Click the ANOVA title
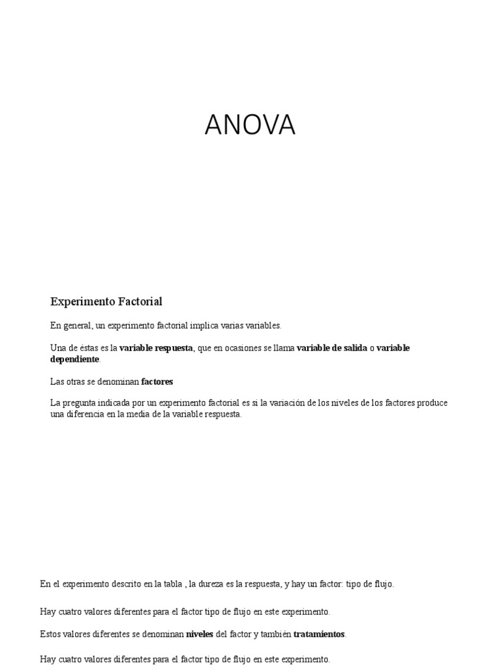pos(250,125)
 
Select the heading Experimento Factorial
pos(106,301)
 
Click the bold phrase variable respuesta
pos(156,348)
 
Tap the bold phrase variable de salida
pos(332,348)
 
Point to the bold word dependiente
pos(75,359)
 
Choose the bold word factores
pos(157,381)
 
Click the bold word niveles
pos(200,634)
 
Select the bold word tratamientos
pos(319,634)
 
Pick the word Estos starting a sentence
pos(50,634)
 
